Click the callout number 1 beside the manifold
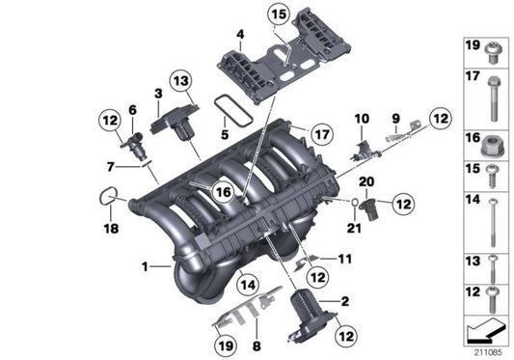coord(145,264)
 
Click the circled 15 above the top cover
coord(278,14)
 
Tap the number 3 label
coord(157,93)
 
